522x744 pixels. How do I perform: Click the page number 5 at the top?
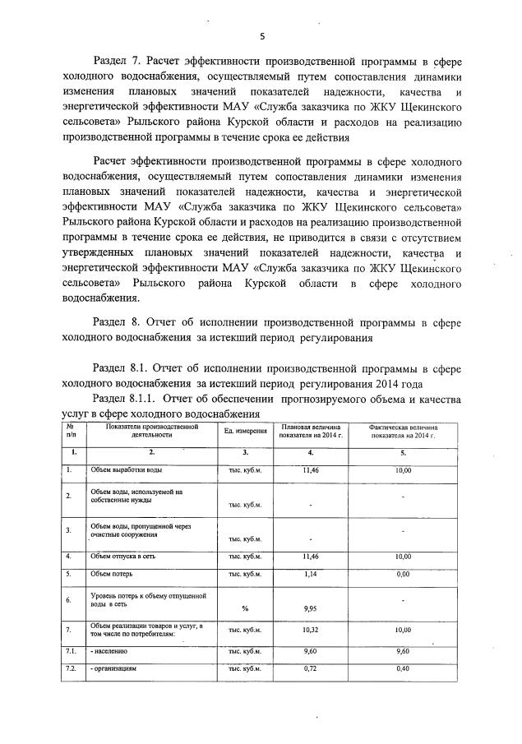(x=261, y=36)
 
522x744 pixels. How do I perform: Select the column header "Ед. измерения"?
(x=245, y=432)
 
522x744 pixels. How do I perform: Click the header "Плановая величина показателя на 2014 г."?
(x=310, y=432)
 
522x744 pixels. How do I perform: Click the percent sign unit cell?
(x=245, y=609)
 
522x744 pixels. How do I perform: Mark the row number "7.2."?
(x=72, y=669)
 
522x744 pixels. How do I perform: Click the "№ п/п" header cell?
(x=72, y=431)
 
